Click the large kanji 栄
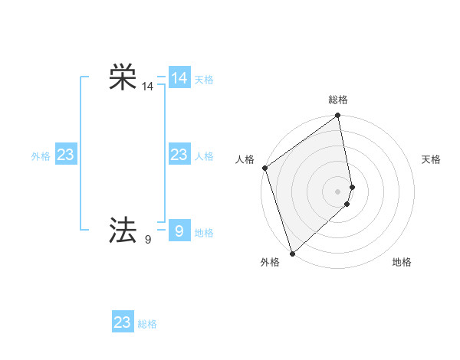[123, 78]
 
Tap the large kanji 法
[123, 229]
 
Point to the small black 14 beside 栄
[147, 88]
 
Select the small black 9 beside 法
[147, 240]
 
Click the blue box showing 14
[179, 78]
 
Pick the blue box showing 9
[179, 230]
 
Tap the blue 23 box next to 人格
[179, 155]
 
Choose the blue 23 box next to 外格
[65, 155]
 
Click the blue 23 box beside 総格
[123, 322]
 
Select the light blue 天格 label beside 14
[204, 80]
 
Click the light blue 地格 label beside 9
[204, 233]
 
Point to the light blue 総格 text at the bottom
[147, 325]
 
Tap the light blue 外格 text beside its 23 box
[41, 156]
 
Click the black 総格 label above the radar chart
[338, 100]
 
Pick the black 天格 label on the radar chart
[431, 159]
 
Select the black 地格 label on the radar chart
[402, 263]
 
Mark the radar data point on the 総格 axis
[338, 116]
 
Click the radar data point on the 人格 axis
[264, 168]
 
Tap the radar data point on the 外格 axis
[292, 253]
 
